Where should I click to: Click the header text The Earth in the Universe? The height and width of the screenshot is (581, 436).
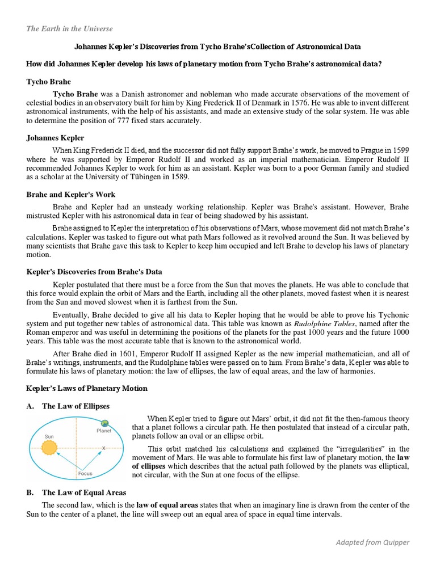[x=69, y=29]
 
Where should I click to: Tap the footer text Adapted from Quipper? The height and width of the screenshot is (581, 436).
[x=372, y=542]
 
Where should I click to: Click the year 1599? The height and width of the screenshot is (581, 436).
[x=398, y=150]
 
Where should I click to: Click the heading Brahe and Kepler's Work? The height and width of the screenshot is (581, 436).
[x=71, y=195]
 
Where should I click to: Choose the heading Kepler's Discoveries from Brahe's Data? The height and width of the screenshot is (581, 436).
[x=94, y=272]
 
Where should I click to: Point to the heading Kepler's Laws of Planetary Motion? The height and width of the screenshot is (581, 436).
[x=87, y=389]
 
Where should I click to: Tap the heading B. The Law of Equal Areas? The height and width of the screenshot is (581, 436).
[x=77, y=492]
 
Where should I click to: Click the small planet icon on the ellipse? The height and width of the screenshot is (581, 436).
[x=104, y=423]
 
